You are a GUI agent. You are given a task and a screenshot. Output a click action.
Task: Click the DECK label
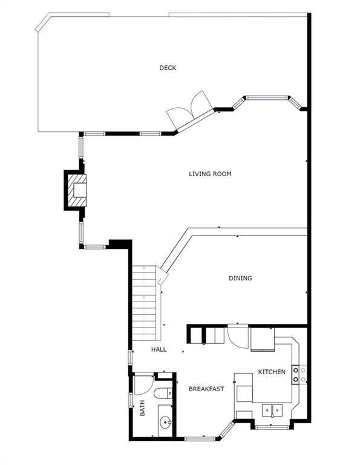point(168,68)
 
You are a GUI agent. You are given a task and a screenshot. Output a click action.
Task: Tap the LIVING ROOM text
point(210,174)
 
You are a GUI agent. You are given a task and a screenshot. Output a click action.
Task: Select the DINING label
point(240,278)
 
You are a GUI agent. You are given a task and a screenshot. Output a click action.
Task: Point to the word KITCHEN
point(272,372)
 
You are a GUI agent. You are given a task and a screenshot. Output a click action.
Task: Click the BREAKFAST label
point(206,389)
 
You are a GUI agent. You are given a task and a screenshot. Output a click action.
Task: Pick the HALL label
point(159,349)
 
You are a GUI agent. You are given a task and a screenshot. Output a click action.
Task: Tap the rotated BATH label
point(142,407)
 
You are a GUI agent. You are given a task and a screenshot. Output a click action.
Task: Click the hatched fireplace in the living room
point(77,190)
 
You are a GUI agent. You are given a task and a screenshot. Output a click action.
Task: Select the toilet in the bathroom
point(163,394)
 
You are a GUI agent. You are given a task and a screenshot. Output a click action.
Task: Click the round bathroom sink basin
point(165,422)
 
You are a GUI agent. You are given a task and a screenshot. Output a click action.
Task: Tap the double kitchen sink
point(272,411)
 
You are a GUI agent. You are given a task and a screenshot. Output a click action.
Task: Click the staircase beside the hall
point(144,303)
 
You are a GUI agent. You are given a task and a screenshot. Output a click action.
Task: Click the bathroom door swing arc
point(144,385)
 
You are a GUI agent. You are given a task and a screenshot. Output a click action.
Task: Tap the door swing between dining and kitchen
point(238,337)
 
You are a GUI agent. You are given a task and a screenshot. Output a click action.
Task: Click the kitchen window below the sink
point(272,427)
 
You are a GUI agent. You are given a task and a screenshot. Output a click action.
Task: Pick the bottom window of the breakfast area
point(200,438)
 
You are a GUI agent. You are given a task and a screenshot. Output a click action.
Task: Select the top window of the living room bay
point(267,97)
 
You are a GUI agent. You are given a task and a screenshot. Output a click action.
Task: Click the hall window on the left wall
point(130,357)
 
